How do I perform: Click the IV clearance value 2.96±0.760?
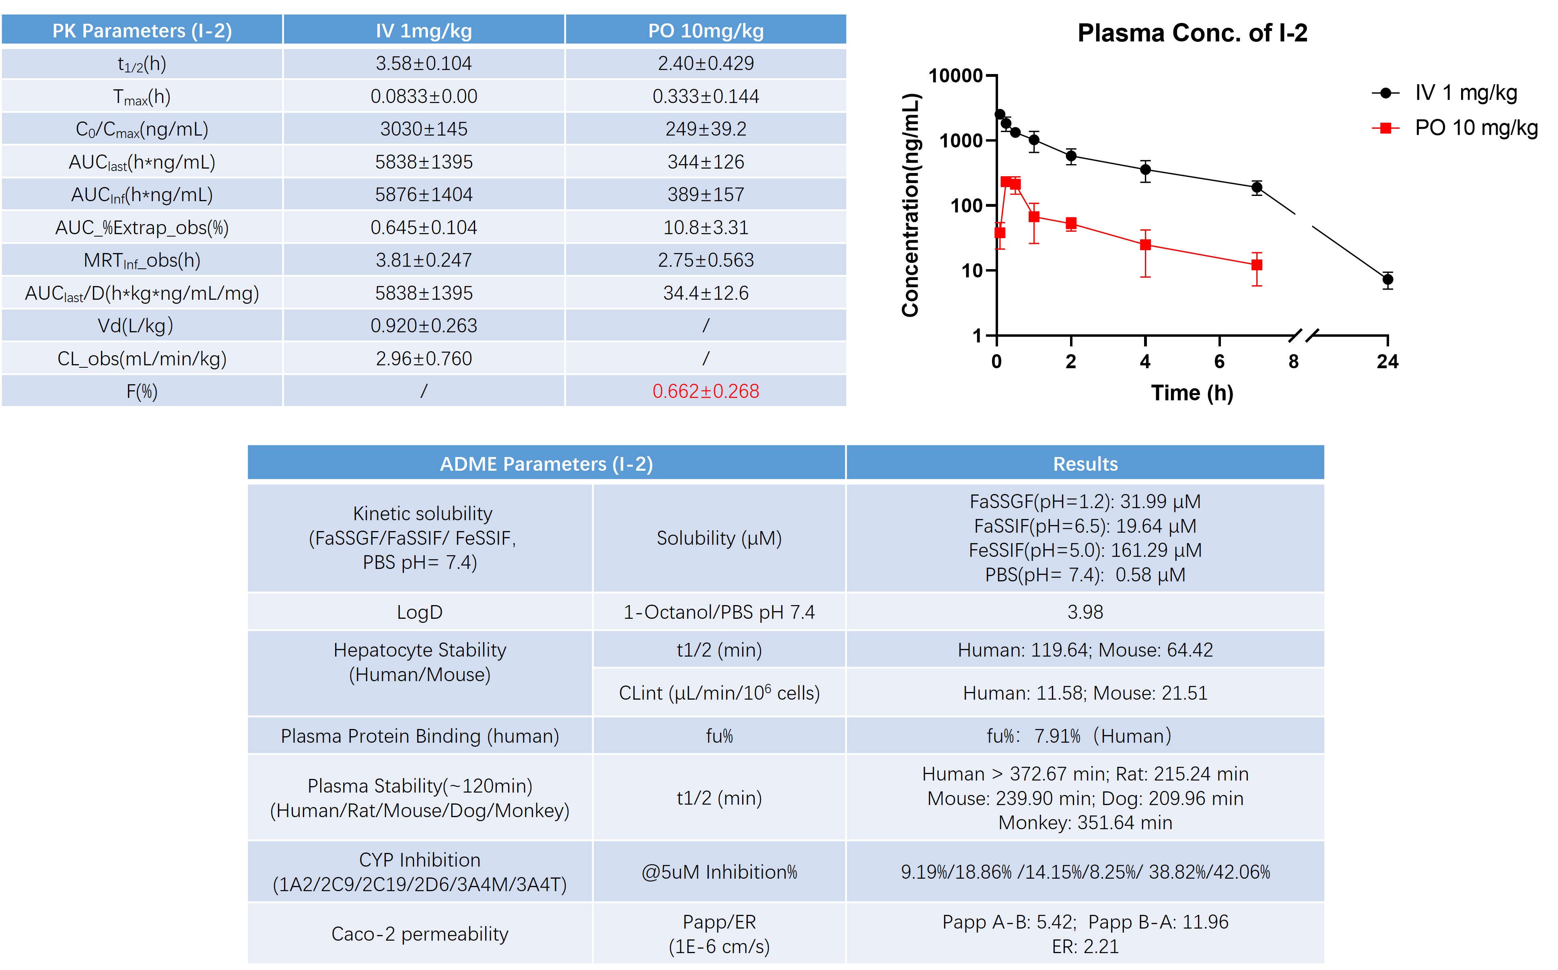pos(423,358)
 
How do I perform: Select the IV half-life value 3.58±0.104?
pos(423,64)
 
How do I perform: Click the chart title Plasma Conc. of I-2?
pos(1192,33)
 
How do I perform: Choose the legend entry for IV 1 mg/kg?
pos(1465,93)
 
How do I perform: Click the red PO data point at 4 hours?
pos(1145,245)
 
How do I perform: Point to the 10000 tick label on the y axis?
pos(956,76)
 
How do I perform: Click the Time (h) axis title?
pos(1192,393)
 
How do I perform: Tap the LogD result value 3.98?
pos(1085,612)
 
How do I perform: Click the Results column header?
pos(1085,464)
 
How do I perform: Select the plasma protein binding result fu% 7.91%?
pos(1078,736)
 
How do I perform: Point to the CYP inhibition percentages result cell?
pos(1085,872)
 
